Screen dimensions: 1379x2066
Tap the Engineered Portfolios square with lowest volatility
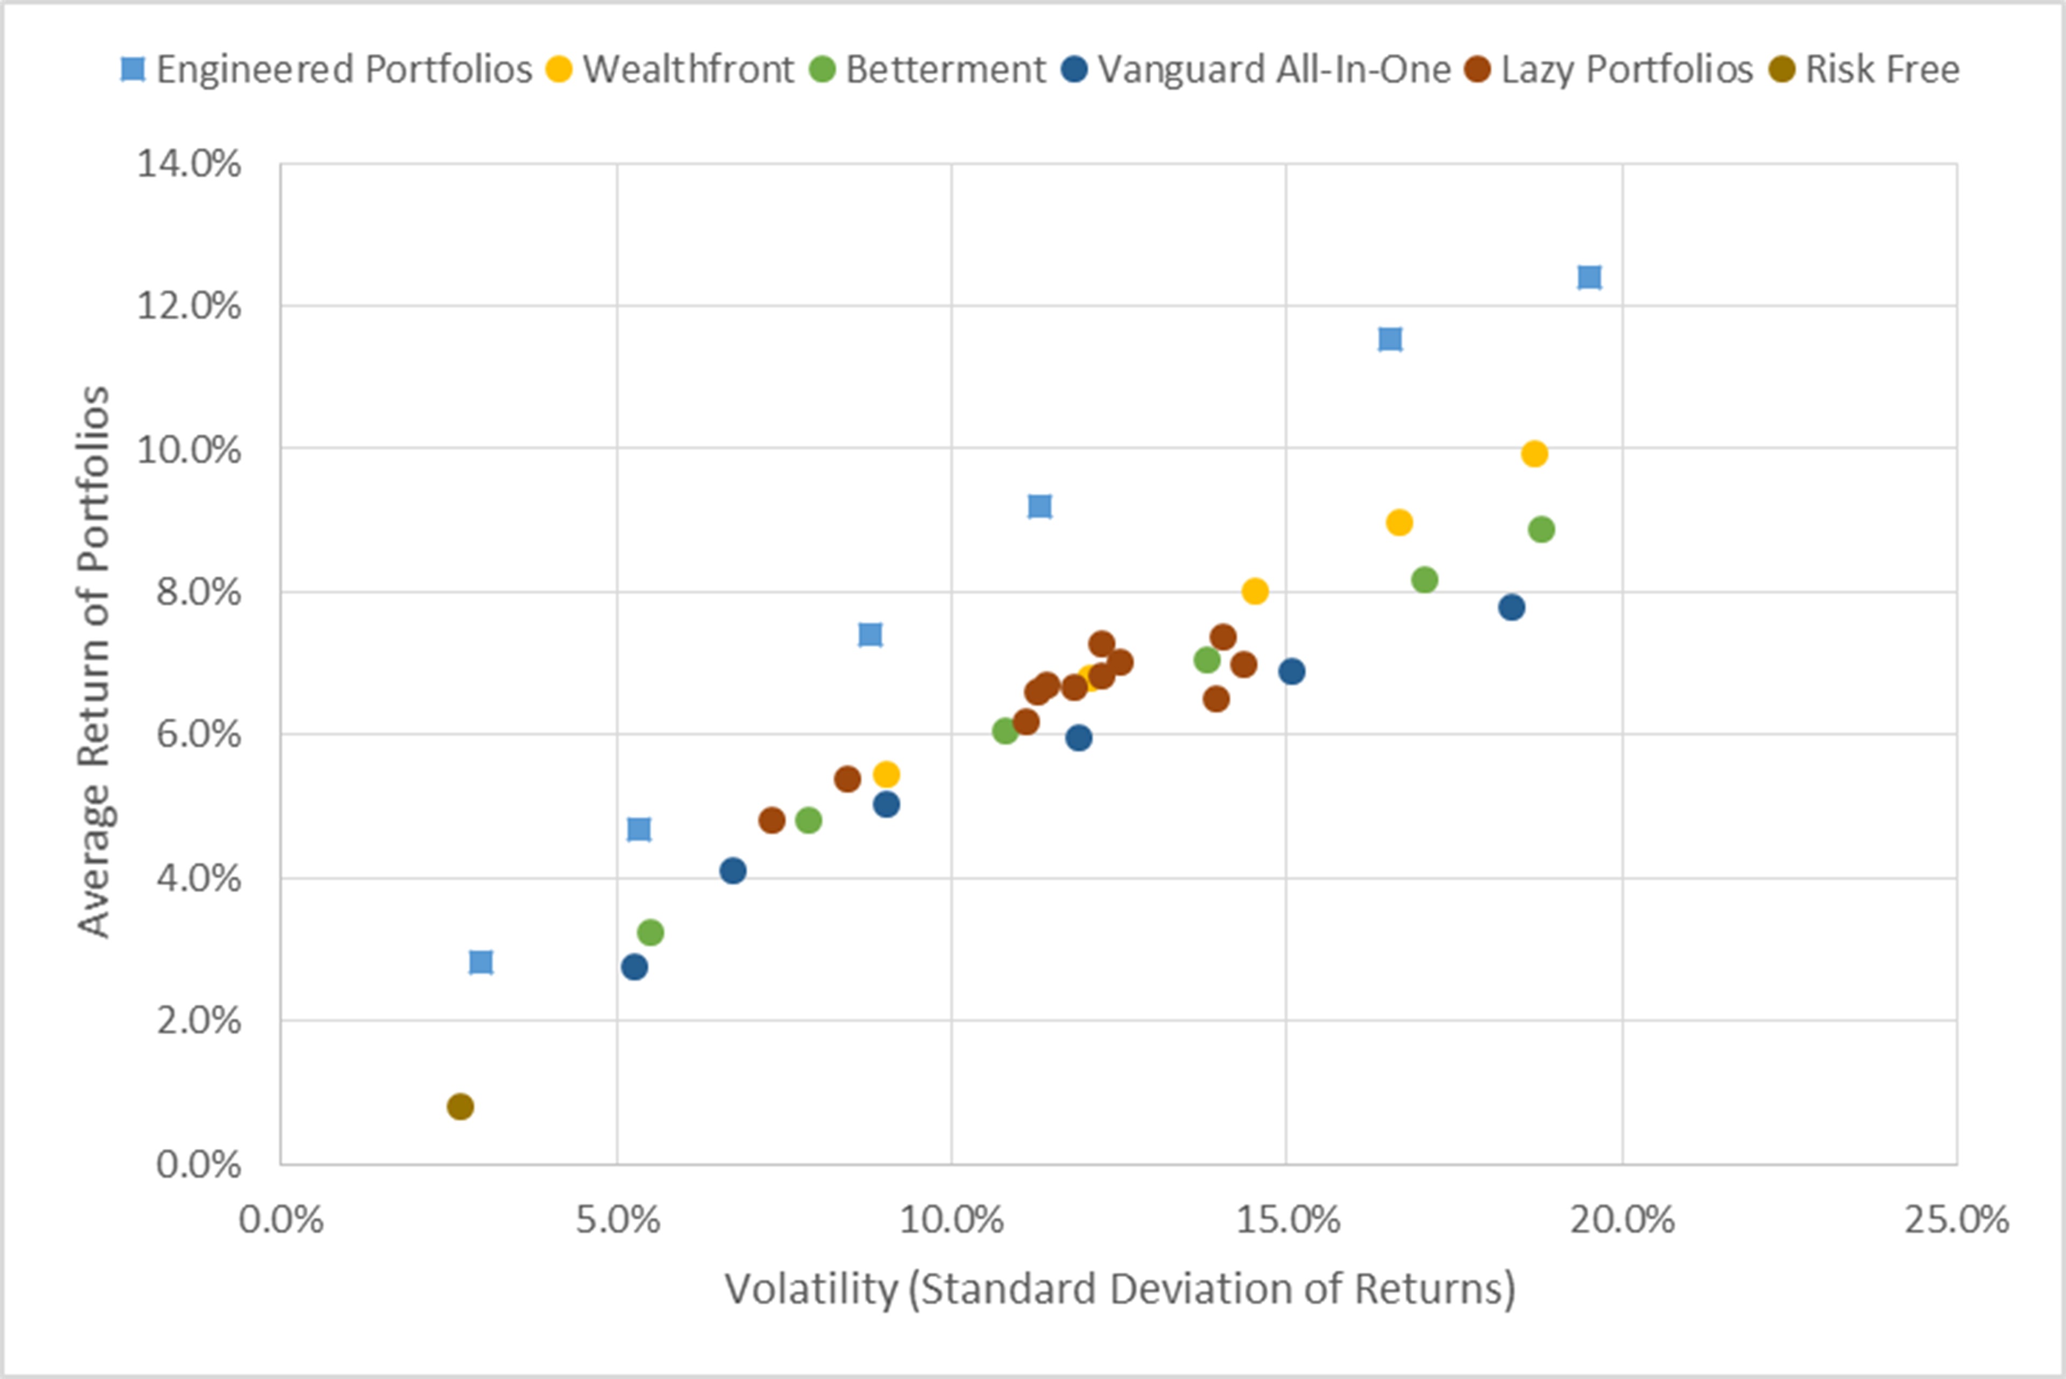tap(481, 962)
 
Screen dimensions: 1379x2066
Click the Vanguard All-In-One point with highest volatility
tap(1511, 607)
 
